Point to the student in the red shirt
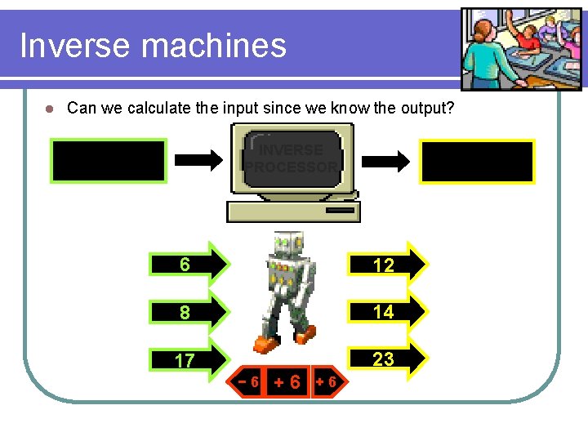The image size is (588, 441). tap(530, 37)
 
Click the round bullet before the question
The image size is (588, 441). tap(49, 109)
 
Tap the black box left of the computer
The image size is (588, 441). tap(109, 160)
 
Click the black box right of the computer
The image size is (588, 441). tap(478, 161)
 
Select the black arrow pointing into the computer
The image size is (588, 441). tap(199, 160)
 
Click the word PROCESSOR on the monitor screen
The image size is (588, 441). tap(292, 167)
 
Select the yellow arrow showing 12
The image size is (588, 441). tap(387, 264)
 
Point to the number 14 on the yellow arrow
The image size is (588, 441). tap(383, 311)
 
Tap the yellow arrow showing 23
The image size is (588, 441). tap(387, 359)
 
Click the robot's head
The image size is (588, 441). tap(287, 244)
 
